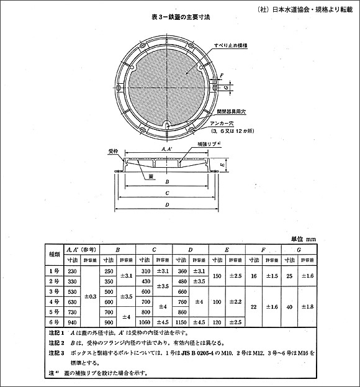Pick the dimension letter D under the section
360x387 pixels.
click(x=168, y=207)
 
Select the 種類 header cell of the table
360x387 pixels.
click(x=55, y=255)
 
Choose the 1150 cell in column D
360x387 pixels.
click(x=182, y=322)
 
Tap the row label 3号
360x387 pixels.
click(x=55, y=291)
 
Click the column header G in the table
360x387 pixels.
click(x=299, y=249)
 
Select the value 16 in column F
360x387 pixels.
click(x=253, y=275)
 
